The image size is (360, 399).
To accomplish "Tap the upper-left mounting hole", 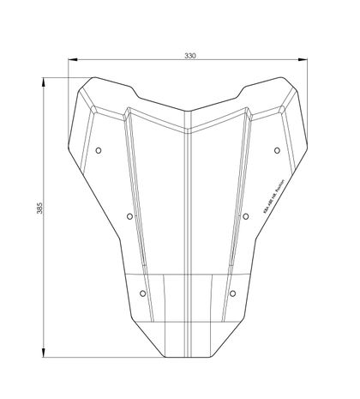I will (99, 150).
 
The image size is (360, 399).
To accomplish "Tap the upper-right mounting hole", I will (277, 150).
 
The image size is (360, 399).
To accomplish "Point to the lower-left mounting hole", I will (142, 293).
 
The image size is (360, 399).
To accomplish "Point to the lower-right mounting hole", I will (233, 293).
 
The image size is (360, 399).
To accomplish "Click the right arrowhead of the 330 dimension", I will (304, 60).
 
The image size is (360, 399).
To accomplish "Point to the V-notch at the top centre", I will (188, 112).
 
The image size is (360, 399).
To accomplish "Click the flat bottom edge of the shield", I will (188, 355).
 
